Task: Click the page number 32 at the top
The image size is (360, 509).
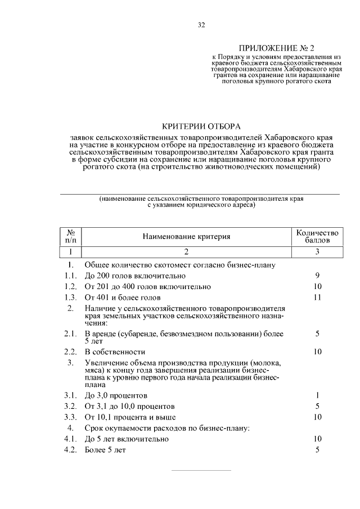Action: click(201, 25)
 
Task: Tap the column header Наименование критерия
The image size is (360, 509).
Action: click(186, 236)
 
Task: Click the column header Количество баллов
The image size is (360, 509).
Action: click(317, 236)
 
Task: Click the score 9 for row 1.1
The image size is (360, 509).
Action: click(318, 276)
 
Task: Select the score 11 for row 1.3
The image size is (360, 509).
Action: click(317, 297)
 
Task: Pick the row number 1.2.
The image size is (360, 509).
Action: click(70, 286)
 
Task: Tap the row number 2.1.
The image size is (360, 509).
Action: click(70, 334)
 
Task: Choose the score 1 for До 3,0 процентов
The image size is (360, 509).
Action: click(318, 395)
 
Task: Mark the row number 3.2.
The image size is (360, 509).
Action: click(70, 406)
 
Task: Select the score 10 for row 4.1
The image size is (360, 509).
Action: click(317, 439)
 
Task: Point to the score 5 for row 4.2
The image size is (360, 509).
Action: click(318, 450)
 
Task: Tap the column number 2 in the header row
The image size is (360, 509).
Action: click(186, 251)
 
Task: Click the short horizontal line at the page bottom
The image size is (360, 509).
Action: click(201, 470)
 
